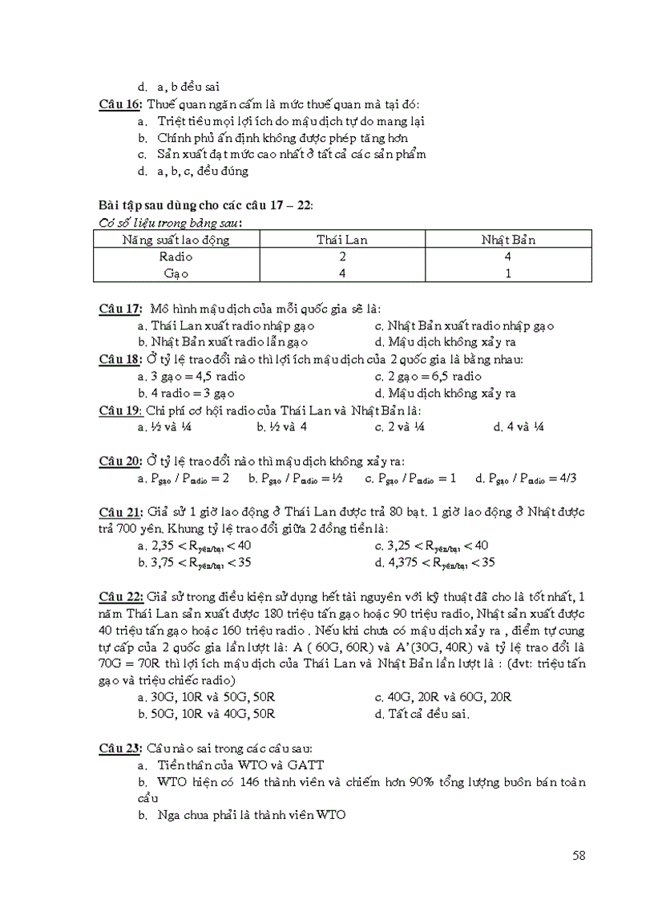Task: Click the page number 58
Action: click(x=579, y=855)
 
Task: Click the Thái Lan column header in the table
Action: click(x=342, y=240)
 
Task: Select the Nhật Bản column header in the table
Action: click(x=508, y=240)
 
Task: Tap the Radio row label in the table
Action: click(x=176, y=256)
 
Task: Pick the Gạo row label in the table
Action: click(x=176, y=272)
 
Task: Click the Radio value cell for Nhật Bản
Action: click(x=508, y=256)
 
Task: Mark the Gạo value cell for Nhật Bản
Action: click(x=508, y=272)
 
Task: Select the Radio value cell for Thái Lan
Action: click(x=342, y=256)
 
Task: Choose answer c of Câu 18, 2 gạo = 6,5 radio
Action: click(x=429, y=376)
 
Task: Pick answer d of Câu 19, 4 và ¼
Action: click(x=519, y=427)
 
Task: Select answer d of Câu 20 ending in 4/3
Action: click(x=526, y=478)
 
